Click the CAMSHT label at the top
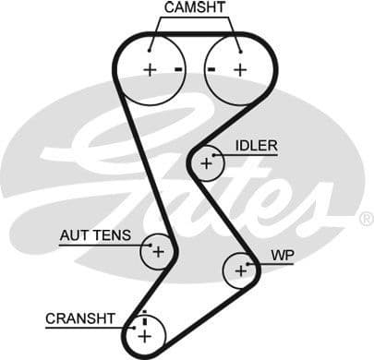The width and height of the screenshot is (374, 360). click(x=193, y=8)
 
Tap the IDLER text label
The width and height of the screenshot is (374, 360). click(x=256, y=146)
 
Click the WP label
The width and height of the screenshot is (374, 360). click(x=282, y=254)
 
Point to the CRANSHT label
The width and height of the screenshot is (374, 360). click(x=80, y=318)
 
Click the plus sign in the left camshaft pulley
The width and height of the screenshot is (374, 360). click(x=149, y=69)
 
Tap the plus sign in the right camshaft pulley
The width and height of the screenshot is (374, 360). click(x=240, y=69)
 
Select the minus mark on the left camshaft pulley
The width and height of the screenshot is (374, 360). click(x=177, y=69)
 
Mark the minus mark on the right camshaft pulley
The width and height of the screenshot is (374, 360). click(x=211, y=69)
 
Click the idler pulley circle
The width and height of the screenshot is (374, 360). click(x=206, y=163)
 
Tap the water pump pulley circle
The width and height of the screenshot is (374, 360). click(x=240, y=270)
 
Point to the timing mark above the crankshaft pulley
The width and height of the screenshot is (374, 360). click(x=144, y=313)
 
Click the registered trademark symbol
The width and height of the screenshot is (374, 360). click(x=366, y=219)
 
